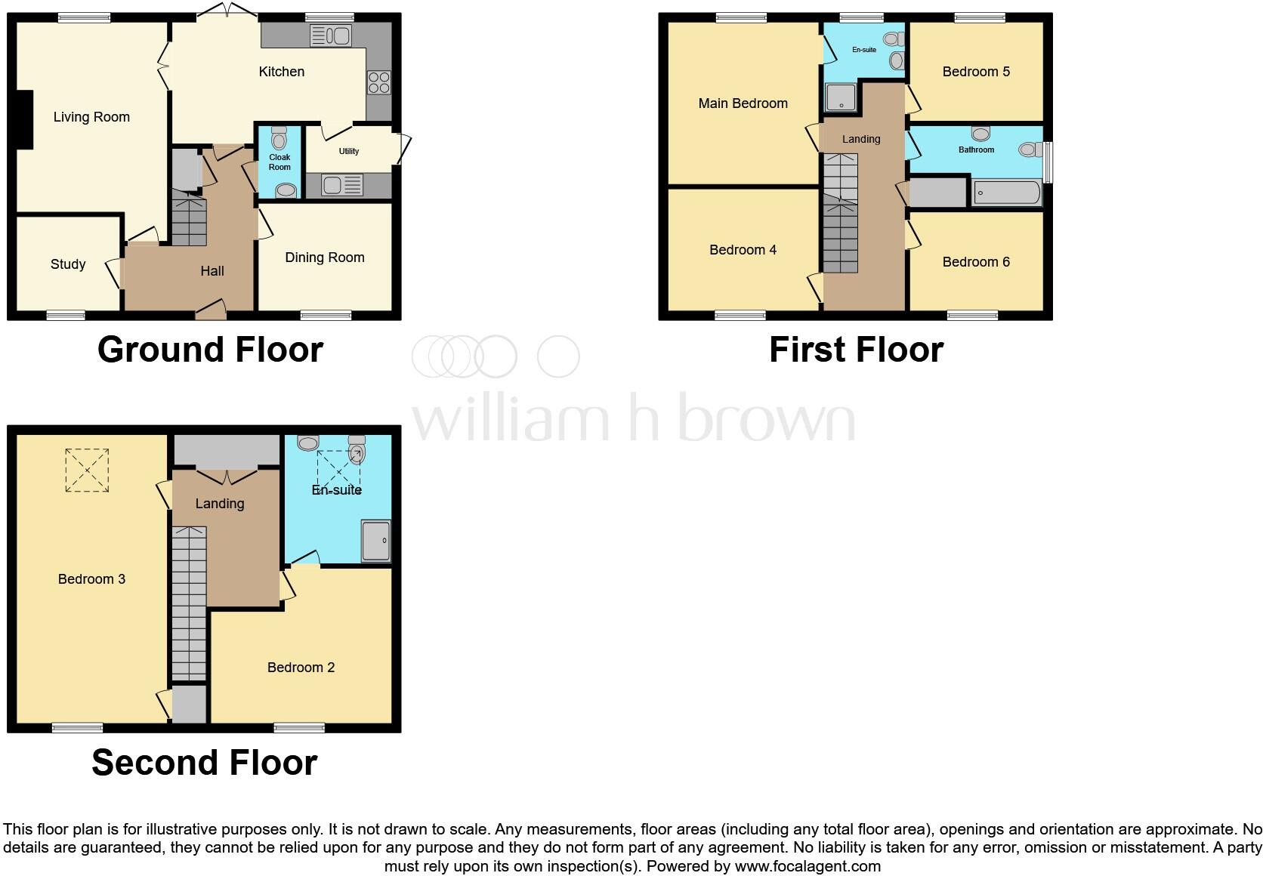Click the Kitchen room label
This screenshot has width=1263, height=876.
281,72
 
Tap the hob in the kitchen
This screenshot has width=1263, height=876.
378,82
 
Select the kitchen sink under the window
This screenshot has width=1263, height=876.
331,35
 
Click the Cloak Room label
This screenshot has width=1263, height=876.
279,162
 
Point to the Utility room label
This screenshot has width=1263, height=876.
348,151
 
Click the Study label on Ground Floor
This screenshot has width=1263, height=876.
68,264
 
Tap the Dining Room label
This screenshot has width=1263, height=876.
324,258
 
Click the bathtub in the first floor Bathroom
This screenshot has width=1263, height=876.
1007,193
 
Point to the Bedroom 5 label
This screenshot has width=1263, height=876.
976,72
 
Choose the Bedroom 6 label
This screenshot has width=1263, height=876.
976,262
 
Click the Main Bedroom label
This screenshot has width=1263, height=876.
743,103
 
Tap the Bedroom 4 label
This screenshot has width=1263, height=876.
743,250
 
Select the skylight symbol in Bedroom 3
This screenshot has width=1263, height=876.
87,470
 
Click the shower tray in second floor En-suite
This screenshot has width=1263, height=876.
376,541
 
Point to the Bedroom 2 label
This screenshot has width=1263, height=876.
301,668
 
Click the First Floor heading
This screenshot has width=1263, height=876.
856,350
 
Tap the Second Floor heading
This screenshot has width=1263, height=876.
204,763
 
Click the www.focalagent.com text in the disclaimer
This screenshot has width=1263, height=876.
808,866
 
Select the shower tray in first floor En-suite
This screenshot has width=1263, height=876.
841,97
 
